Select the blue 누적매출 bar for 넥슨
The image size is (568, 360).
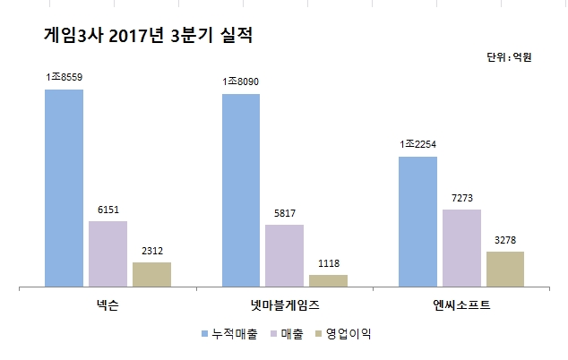click(x=64, y=188)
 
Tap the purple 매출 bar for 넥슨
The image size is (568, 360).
click(x=108, y=253)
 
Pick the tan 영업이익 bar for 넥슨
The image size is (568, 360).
click(x=151, y=274)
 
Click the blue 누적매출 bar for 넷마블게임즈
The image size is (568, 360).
click(x=240, y=190)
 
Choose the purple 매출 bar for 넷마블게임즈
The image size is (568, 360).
click(x=284, y=255)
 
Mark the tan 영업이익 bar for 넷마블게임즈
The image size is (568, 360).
click(x=328, y=280)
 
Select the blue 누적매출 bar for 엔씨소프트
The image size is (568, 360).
click(x=417, y=221)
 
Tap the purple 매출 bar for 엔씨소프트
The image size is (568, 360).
click(x=461, y=248)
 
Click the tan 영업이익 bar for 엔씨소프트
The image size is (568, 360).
click(x=505, y=269)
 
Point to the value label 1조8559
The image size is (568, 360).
click(x=64, y=78)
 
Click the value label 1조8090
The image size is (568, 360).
click(x=240, y=82)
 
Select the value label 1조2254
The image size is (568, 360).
click(x=417, y=144)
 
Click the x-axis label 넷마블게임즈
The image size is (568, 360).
click(x=284, y=306)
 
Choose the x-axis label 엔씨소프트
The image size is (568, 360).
click(x=461, y=306)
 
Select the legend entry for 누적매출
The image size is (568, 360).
click(x=235, y=334)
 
